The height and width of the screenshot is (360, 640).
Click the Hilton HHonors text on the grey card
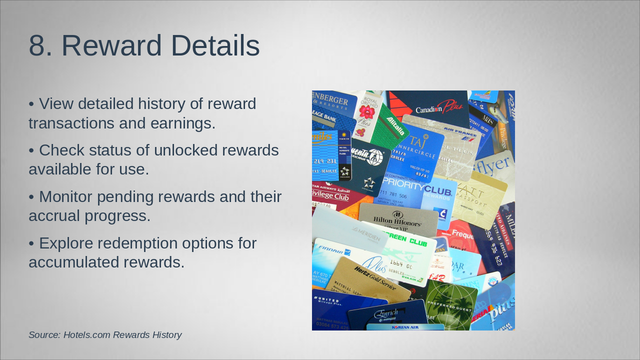point(397,220)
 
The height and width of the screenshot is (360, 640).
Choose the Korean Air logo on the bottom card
point(405,327)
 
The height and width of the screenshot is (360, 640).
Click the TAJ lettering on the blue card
point(416,141)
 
